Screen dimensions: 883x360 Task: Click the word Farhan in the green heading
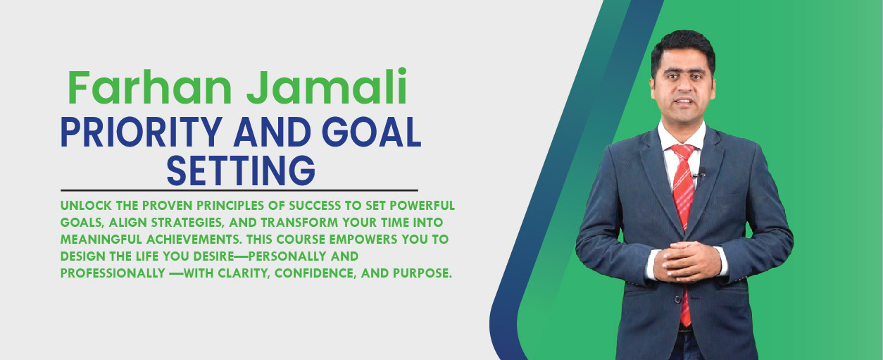coord(150,87)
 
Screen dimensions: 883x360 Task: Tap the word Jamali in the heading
coord(327,87)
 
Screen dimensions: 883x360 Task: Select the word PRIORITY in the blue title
coord(142,132)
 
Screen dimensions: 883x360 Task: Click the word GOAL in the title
coord(372,132)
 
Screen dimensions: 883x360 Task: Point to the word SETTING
coord(241,170)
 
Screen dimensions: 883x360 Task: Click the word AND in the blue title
coord(272,132)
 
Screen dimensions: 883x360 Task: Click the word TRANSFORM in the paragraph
coord(299,223)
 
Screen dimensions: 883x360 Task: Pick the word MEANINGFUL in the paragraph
coord(101,240)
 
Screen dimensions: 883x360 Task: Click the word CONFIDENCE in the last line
coord(315,273)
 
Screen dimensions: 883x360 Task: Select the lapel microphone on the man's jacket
coord(700,173)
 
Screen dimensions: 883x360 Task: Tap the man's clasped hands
coord(687,261)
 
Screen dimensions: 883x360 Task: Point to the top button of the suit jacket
coord(677,299)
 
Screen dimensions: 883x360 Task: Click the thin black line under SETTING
coord(239,190)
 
